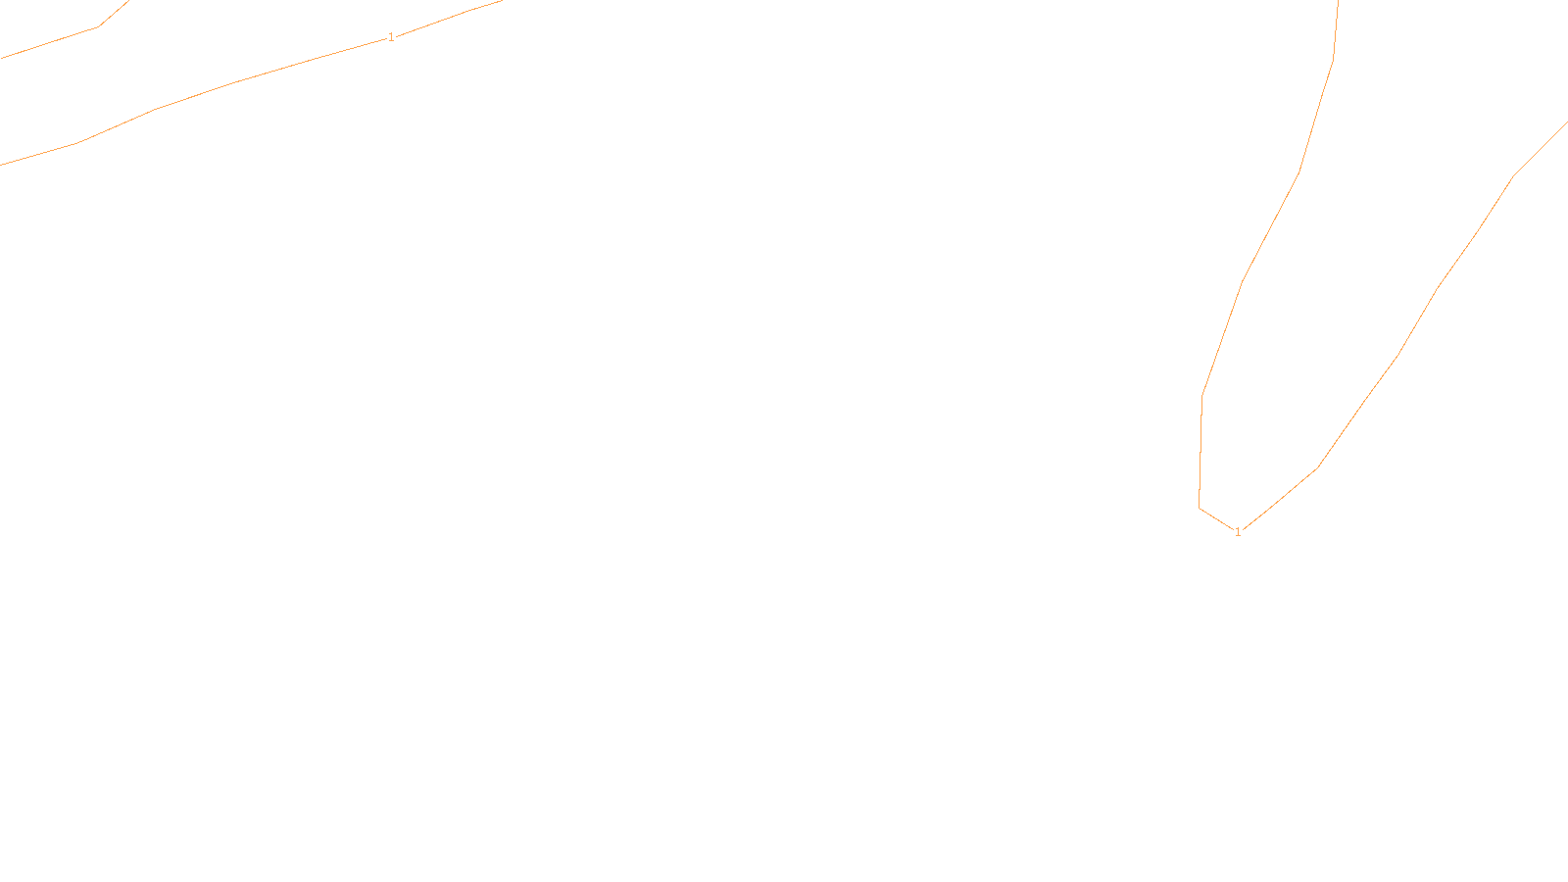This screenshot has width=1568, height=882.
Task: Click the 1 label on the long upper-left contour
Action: click(391, 37)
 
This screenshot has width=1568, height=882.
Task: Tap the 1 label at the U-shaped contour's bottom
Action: click(1238, 532)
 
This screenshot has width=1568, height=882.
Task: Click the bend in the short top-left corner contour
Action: click(98, 26)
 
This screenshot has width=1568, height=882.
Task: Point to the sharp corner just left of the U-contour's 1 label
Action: click(1200, 508)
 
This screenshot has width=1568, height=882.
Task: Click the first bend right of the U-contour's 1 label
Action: click(1318, 467)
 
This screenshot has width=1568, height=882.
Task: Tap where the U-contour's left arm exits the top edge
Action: click(1338, 1)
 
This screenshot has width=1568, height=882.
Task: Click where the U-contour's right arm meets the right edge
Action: click(1566, 122)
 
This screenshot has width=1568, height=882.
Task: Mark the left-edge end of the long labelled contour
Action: click(1, 165)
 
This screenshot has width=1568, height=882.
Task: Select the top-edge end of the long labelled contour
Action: click(501, 1)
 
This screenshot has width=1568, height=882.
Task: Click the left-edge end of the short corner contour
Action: click(1, 58)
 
